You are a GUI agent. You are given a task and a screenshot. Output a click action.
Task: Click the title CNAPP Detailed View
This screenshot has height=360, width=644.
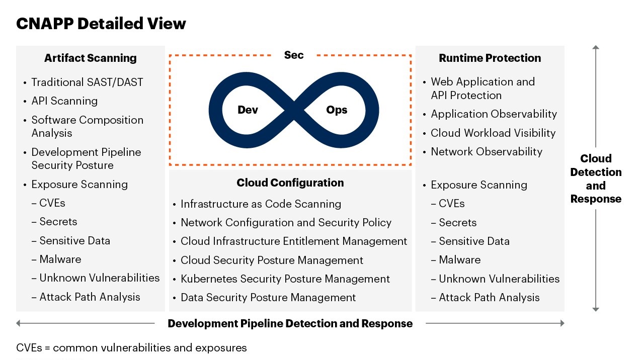pos(101,24)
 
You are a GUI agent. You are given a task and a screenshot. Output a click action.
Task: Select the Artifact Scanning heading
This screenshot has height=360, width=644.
pos(90,58)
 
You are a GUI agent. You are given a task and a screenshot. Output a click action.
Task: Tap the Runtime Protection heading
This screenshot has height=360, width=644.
pos(490,58)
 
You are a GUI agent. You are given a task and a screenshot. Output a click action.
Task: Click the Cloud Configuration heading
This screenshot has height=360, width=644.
pos(290,183)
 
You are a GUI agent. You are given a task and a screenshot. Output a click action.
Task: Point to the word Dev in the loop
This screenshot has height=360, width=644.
pos(248,110)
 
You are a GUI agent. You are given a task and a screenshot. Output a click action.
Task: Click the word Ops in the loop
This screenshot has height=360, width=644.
pos(337,110)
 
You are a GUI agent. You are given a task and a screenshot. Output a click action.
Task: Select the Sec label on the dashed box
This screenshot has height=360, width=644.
pos(294,55)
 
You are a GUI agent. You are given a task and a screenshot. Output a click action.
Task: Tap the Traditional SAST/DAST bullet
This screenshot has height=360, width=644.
pos(87,82)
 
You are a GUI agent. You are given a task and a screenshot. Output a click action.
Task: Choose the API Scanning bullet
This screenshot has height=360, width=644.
pos(65,101)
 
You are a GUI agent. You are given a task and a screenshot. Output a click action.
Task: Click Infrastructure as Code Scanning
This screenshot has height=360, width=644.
pos(261,204)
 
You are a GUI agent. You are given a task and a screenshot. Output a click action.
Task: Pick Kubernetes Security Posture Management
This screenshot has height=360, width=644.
pos(285,279)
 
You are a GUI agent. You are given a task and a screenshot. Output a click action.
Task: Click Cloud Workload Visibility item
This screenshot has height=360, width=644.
pos(493,133)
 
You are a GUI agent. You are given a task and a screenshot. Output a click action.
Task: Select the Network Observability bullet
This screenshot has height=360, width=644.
pos(487,152)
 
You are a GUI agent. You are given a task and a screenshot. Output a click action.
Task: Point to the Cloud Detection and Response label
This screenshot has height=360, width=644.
pos(596,178)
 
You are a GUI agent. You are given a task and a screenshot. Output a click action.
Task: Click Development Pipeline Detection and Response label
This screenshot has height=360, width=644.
pos(290,323)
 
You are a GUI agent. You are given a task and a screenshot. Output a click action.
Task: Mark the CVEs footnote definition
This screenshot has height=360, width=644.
pos(131,348)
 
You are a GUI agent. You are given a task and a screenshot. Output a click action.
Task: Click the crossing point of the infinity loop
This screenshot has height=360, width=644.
pos(294,110)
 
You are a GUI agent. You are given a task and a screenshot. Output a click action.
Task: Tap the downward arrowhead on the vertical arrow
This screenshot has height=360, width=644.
pos(596,309)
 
